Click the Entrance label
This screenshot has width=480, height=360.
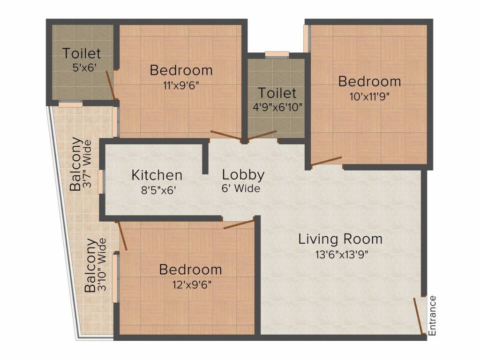pos(432,315)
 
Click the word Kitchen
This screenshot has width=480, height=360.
pos(157,175)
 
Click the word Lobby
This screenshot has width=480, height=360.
pos(243,175)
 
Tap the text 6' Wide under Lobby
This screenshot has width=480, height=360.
pos(241,189)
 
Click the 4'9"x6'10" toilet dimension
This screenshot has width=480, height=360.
pos(277,107)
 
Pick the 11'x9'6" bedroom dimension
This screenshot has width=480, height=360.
pos(181,85)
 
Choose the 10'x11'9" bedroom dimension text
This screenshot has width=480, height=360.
pos(369,97)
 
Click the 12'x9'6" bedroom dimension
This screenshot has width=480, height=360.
pos(190,285)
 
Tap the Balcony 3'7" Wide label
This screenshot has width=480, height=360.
pos(81,164)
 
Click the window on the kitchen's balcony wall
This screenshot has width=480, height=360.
pos(101,181)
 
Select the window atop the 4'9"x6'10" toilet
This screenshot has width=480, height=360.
pos(277,54)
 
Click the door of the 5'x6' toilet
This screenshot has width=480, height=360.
pos(111,86)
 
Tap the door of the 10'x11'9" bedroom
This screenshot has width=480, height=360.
pos(326,161)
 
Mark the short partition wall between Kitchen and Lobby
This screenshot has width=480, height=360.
pos(205,158)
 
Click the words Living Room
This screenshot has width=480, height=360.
pos(340,239)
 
